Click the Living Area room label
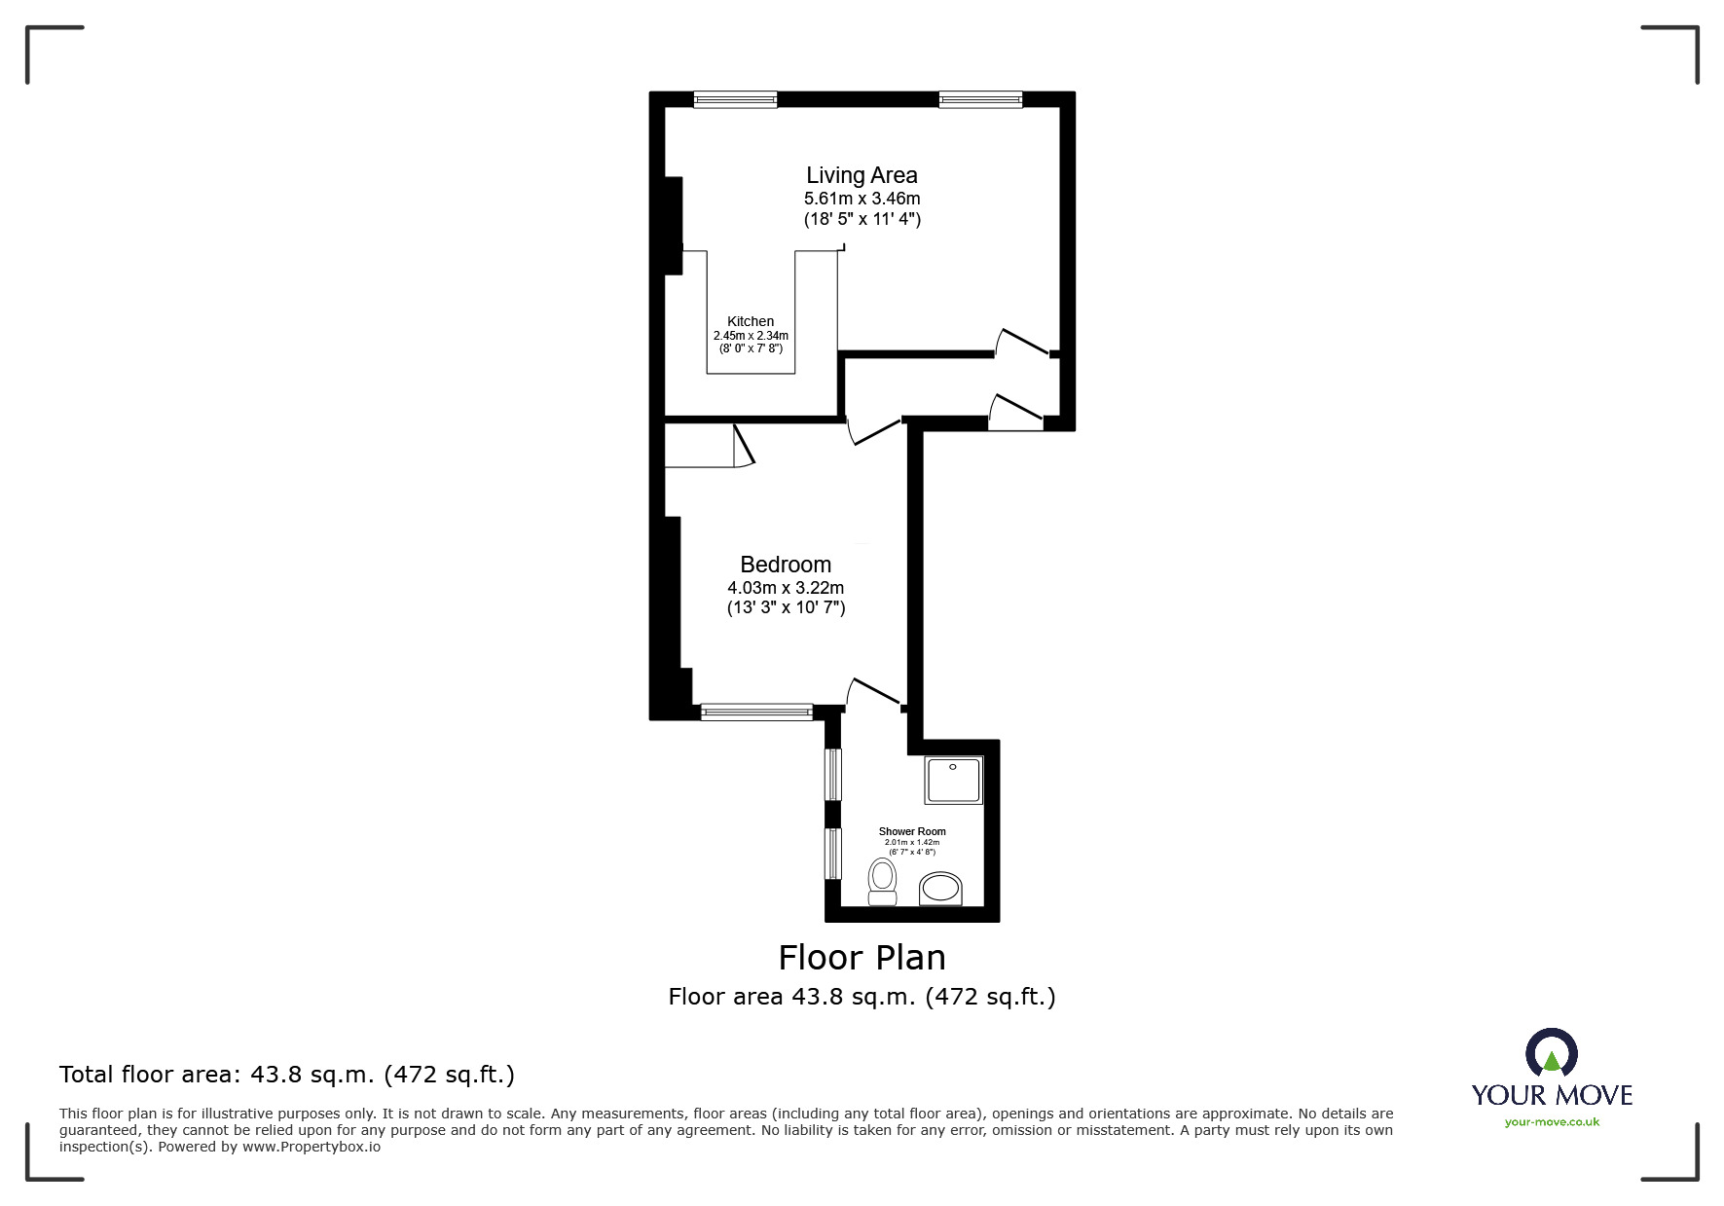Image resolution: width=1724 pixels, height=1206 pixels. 862,175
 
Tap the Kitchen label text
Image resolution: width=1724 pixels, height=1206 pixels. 751,321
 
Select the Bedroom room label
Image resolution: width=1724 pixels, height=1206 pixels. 786,565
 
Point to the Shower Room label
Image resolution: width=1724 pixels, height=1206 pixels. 912,831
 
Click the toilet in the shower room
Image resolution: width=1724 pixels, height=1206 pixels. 882,881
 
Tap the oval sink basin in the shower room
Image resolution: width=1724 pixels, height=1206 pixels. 940,889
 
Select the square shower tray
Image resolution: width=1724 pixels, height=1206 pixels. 954,781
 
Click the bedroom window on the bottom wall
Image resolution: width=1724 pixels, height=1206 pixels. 756,712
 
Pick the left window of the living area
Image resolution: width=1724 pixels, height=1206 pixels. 736,99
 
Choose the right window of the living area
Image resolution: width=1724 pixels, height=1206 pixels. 981,99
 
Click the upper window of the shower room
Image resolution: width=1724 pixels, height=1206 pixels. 833,774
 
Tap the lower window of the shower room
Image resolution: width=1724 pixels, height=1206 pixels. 833,854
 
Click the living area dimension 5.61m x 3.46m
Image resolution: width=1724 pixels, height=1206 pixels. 862,199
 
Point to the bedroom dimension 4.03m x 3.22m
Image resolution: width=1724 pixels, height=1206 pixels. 786,588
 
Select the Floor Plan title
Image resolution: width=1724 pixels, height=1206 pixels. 862,958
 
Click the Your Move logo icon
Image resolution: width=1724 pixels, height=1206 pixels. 1551,1053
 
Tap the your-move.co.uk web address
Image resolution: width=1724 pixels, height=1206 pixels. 1552,1122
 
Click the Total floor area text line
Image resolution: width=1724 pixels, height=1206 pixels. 287,1075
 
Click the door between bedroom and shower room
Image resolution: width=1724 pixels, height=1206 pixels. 874,691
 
